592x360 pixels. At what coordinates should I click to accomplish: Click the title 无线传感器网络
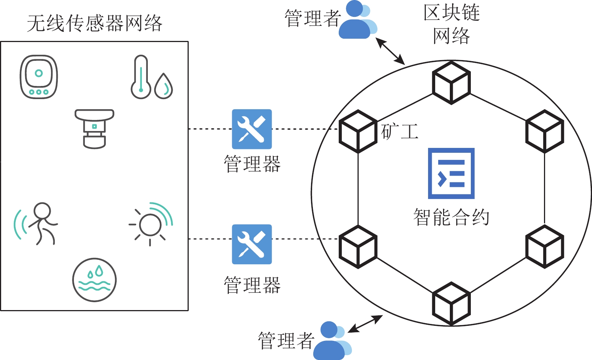pos(95,23)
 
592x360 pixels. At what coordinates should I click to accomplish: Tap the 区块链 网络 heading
pos(451,24)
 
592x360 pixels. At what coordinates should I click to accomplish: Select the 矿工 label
pos(400,131)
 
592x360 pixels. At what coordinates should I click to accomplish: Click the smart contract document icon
pos(451,173)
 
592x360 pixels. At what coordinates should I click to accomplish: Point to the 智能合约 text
pos(451,217)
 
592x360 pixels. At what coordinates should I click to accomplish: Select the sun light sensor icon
pos(151,224)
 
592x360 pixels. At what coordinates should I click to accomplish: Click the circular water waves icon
pos(95,280)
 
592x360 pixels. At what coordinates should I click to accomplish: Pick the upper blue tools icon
pos(252,129)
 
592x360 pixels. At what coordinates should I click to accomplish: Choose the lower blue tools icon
pos(252,244)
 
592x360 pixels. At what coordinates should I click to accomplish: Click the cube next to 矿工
pos(358,131)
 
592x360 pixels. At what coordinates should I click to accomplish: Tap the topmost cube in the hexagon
pos(451,83)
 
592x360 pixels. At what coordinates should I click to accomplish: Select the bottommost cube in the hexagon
pos(451,303)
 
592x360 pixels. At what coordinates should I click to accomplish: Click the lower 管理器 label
pos(252,285)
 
